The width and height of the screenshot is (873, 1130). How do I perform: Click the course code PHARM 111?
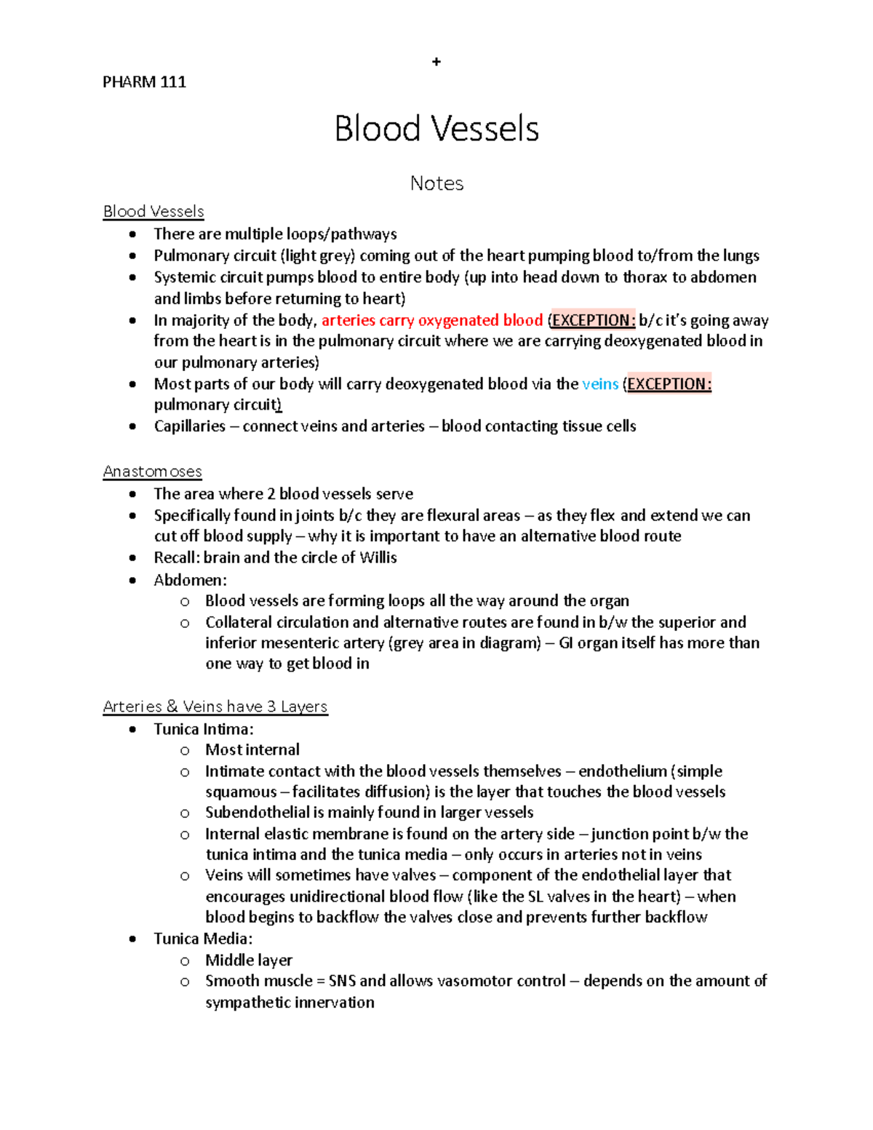coord(144,82)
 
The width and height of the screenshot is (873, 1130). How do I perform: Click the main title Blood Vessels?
coord(436,130)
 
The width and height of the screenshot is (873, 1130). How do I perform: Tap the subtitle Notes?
coord(436,183)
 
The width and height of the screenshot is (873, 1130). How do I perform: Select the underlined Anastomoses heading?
coord(153,472)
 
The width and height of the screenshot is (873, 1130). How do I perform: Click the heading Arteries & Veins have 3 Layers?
coord(215,707)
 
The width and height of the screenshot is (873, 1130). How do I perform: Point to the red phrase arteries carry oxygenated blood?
coord(432,320)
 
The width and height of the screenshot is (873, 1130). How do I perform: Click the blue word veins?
coord(600,384)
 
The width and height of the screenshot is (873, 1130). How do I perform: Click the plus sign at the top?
coord(436,62)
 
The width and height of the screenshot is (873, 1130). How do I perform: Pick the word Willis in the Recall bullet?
coord(378,558)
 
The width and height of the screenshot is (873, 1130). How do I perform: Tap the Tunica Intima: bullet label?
coord(204,729)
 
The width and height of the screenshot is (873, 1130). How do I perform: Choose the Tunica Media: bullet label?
coord(203,939)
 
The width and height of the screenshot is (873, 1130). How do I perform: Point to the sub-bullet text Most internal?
coord(252,750)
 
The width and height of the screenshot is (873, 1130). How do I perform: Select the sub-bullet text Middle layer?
coord(249,960)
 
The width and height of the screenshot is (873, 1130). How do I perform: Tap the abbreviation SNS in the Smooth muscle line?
coord(342,981)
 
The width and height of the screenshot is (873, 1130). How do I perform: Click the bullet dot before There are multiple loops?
coord(132,234)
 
